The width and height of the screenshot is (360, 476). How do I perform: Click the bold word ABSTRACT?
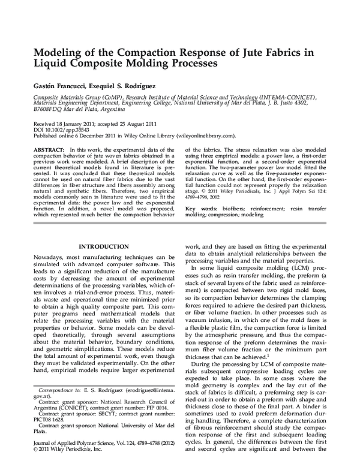(49, 148)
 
